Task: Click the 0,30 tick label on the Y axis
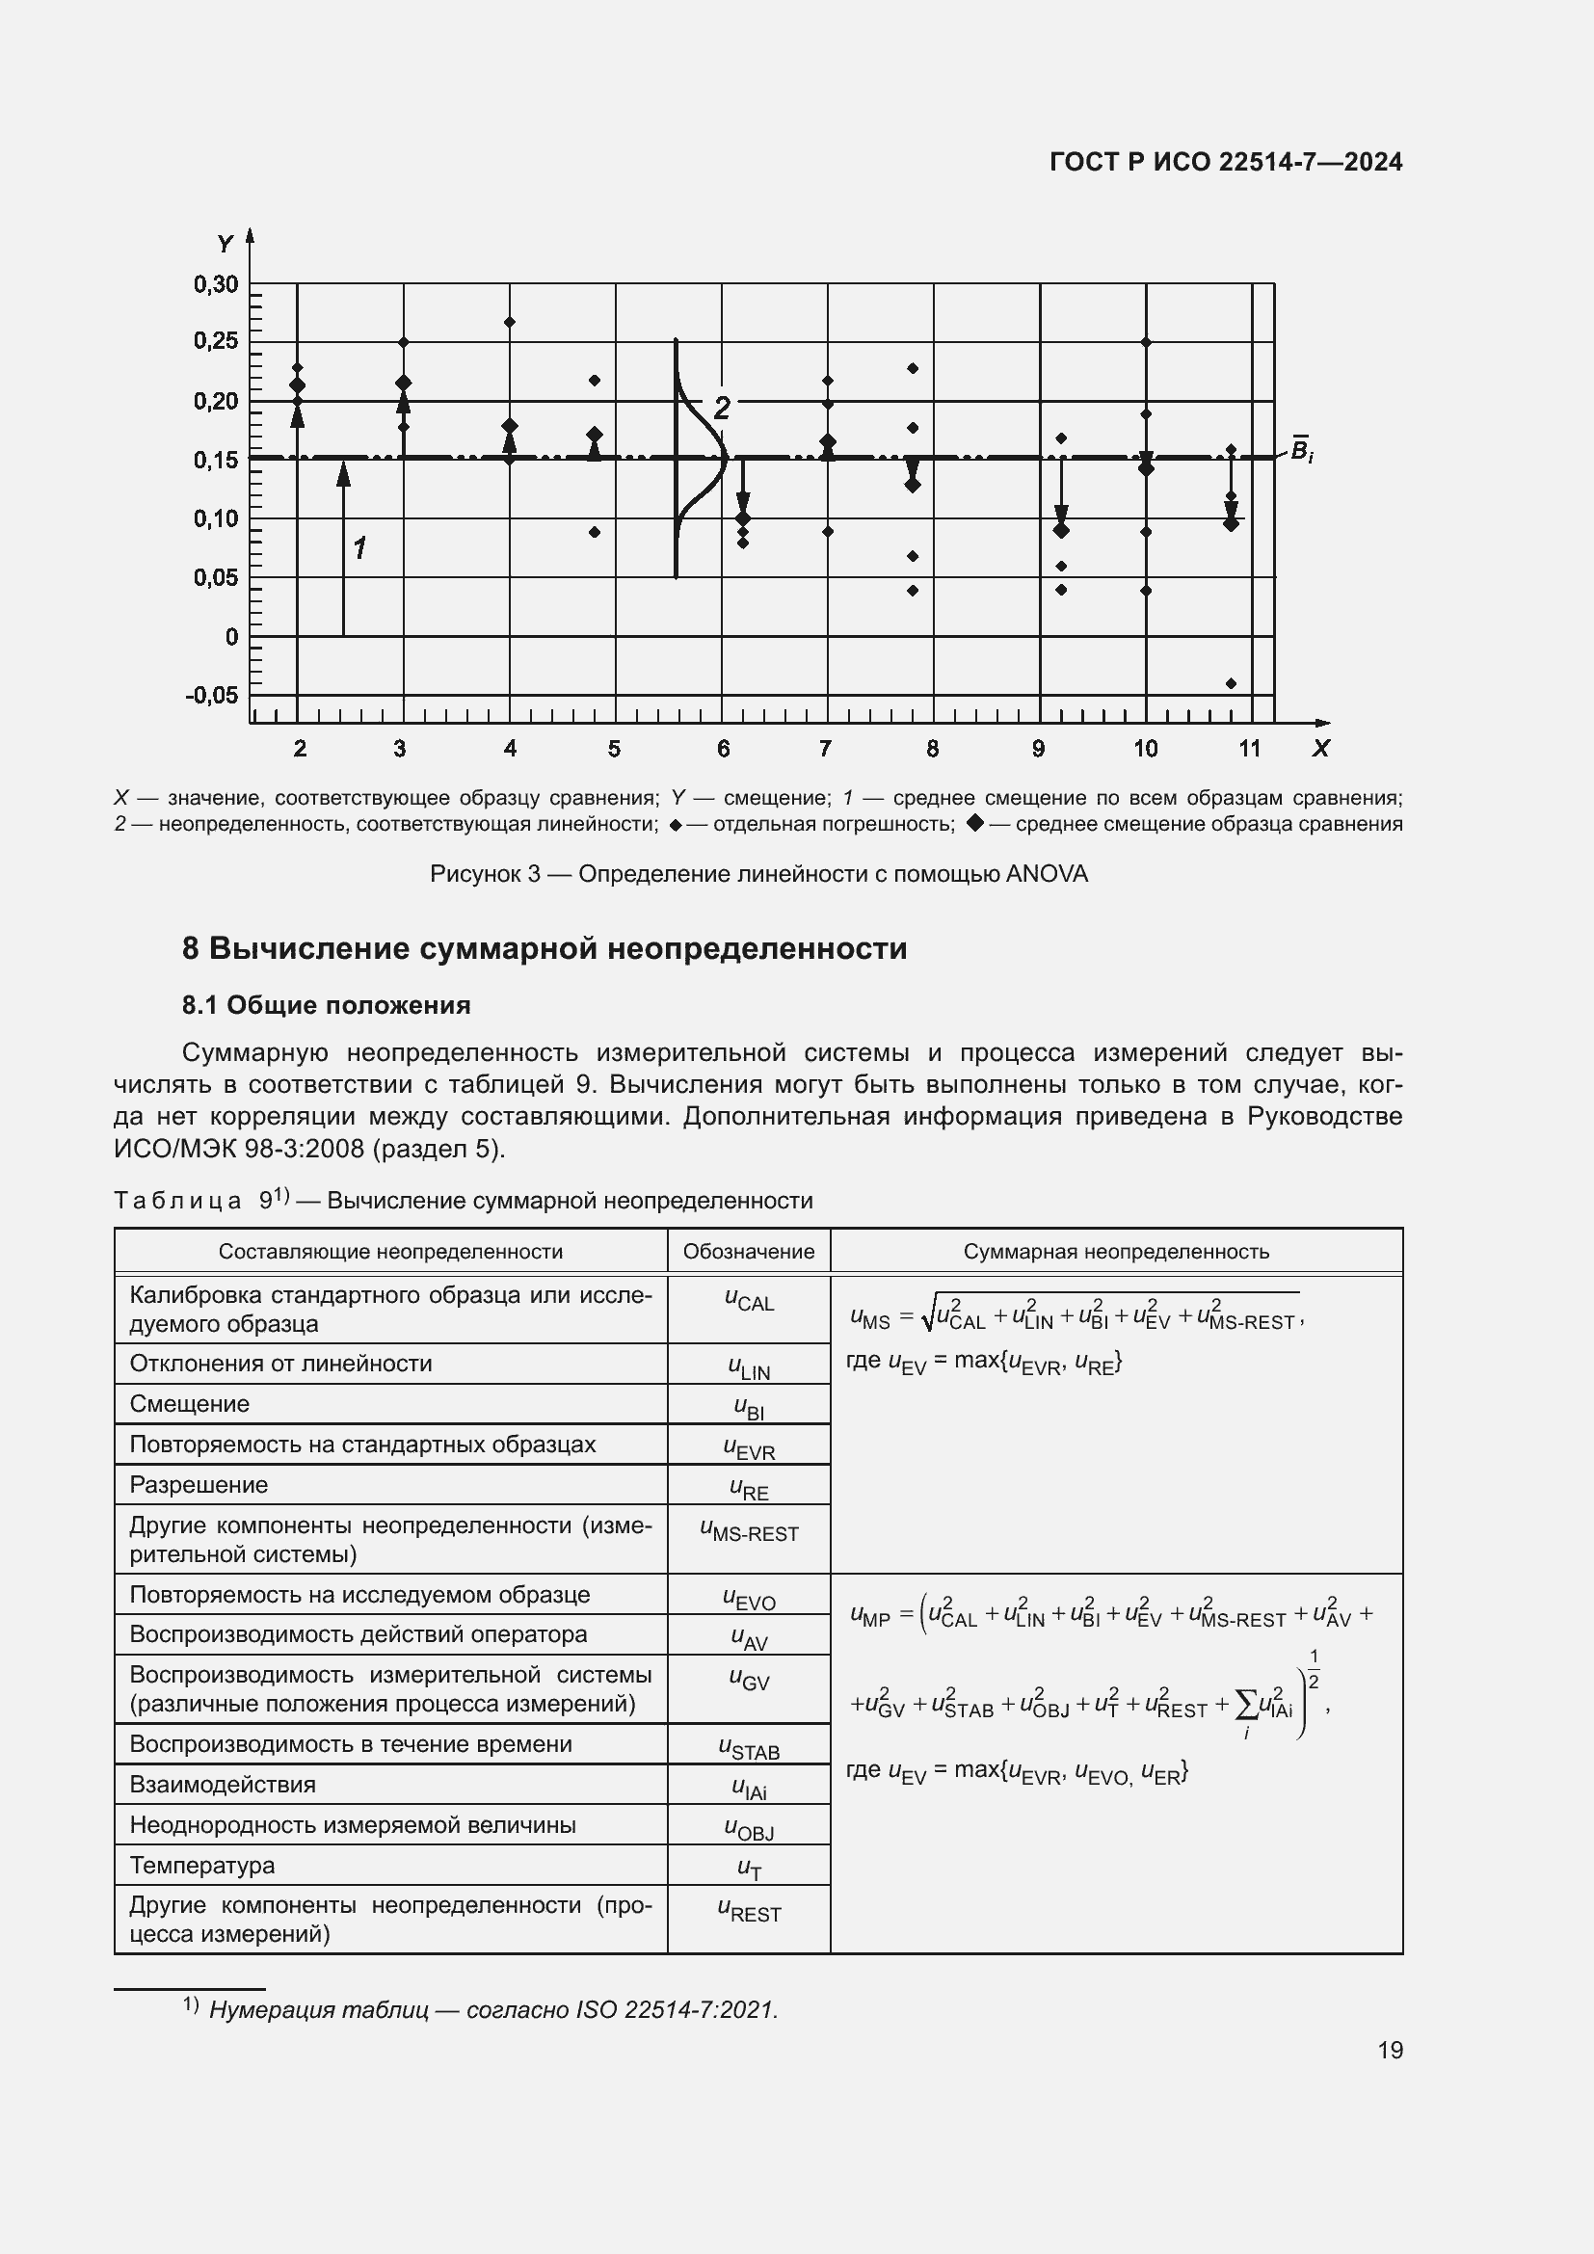[x=215, y=284]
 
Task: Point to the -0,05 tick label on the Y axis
[x=211, y=695]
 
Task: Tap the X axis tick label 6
[x=724, y=749]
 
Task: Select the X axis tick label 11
[x=1248, y=749]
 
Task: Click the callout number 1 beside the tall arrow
[x=360, y=547]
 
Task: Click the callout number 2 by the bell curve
[x=722, y=408]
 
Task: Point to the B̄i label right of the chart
[x=1300, y=451]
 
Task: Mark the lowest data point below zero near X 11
[x=1231, y=683]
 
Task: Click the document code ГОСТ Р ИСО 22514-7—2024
[x=1225, y=162]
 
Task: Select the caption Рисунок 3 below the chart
[x=757, y=874]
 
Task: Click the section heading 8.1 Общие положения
[x=326, y=1005]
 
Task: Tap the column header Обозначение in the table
[x=748, y=1252]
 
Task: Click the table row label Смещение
[x=190, y=1404]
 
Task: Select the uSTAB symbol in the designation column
[x=749, y=1747]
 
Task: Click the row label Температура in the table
[x=202, y=1865]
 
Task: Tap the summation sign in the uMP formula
[x=1245, y=1698]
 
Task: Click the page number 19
[x=1390, y=2050]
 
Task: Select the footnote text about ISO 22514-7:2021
[x=492, y=2009]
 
